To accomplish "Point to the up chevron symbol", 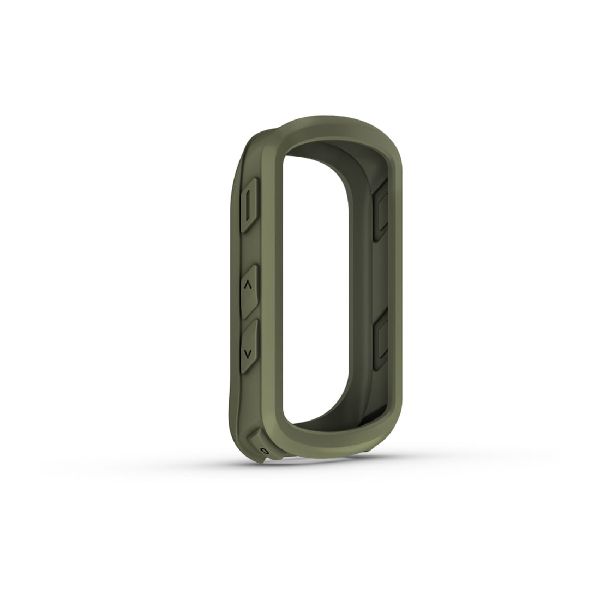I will point(248,286).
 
